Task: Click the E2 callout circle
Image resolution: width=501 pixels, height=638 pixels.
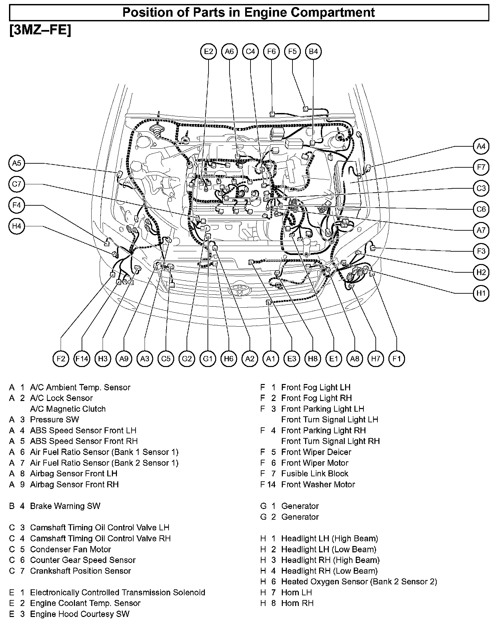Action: point(208,51)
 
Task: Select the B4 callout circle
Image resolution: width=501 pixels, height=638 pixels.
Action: point(313,51)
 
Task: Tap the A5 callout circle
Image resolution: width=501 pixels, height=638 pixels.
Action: point(17,163)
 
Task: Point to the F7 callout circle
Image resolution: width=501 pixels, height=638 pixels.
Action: point(481,167)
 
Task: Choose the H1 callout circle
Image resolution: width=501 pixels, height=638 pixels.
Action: point(481,293)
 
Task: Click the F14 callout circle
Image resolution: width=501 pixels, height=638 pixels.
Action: point(82,359)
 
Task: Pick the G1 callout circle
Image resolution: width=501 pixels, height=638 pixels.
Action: point(208,359)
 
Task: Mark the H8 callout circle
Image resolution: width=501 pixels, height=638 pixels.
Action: point(313,359)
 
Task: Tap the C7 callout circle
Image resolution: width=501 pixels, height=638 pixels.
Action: point(17,184)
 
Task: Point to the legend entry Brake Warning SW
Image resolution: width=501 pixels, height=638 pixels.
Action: point(65,506)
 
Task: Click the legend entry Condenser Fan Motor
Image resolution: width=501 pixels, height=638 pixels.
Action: point(70,549)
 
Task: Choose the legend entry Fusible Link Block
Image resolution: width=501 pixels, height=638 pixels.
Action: point(314,474)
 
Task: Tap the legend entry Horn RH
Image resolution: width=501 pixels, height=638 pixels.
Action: point(297,603)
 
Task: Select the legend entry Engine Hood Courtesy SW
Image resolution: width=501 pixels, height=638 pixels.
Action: point(79,614)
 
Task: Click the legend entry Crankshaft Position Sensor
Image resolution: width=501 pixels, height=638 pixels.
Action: point(80,571)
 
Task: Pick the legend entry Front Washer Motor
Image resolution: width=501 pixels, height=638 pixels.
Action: point(318,484)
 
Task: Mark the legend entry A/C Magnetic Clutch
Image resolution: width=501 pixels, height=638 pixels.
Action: point(68,409)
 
